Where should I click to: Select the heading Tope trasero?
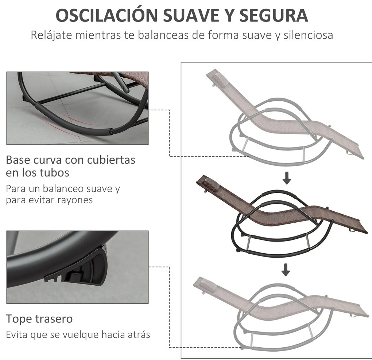pos(39,319)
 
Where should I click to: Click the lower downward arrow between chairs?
pos(286,270)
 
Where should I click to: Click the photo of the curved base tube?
pos(77,108)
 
